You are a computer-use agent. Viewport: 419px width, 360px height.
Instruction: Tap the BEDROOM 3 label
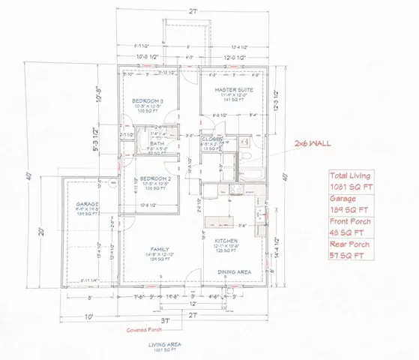click(x=149, y=100)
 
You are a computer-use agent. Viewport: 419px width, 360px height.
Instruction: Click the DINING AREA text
click(x=233, y=271)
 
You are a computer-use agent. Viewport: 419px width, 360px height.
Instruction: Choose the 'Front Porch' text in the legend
click(x=349, y=226)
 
